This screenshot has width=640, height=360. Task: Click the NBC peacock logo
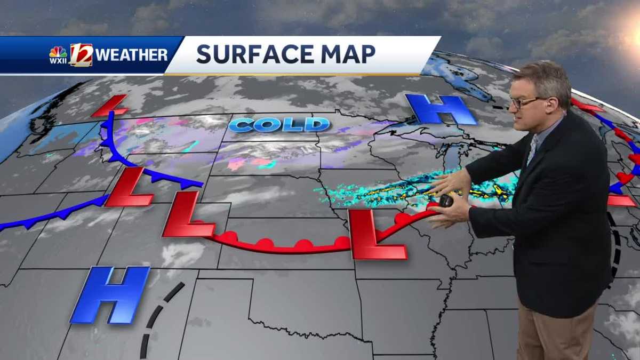point(58,52)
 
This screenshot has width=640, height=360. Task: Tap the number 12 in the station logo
point(81,54)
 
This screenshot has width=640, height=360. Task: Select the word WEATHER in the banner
point(132,55)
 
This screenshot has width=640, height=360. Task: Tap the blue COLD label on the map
point(279,125)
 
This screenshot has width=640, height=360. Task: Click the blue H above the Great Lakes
point(441,109)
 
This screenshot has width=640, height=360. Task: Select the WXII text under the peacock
point(58,61)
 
